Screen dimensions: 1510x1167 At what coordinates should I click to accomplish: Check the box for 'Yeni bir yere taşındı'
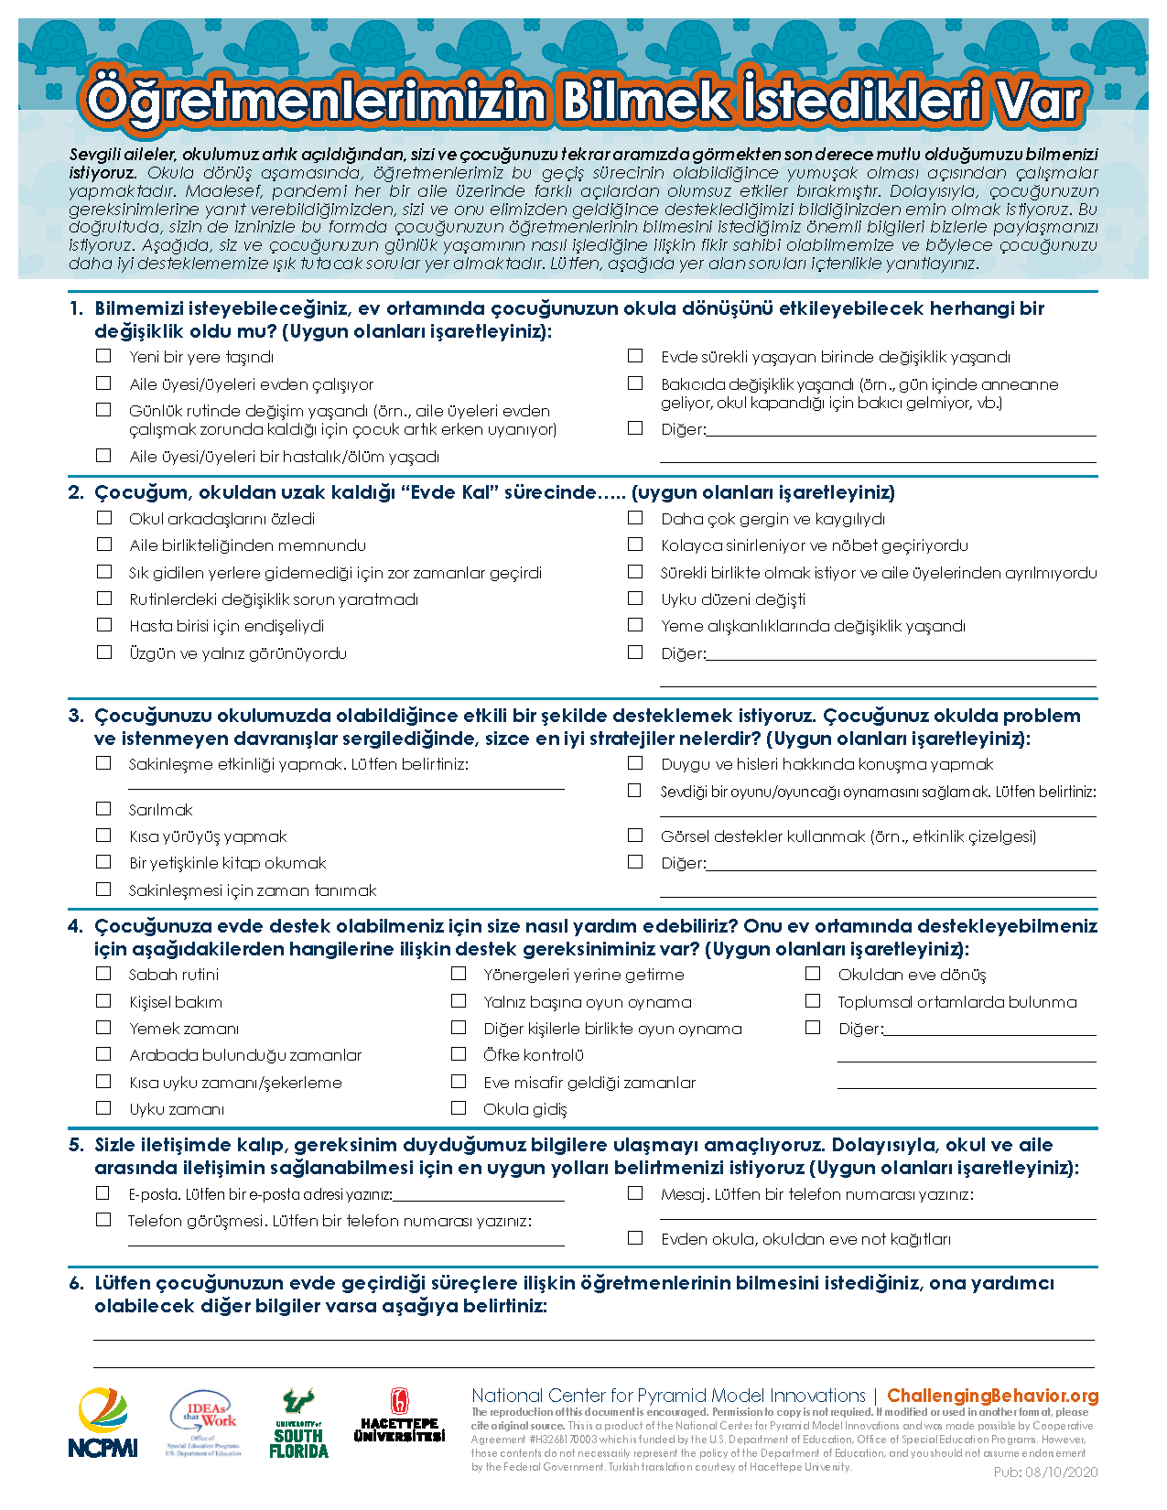pyautogui.click(x=104, y=356)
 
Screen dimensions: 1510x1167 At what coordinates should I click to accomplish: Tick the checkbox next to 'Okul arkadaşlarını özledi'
pyautogui.click(x=104, y=518)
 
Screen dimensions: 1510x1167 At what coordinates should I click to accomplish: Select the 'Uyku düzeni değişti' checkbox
pyautogui.click(x=635, y=599)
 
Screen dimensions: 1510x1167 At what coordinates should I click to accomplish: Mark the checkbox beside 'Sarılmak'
pyautogui.click(x=104, y=809)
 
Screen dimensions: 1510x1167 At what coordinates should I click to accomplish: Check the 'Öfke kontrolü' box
pyautogui.click(x=459, y=1054)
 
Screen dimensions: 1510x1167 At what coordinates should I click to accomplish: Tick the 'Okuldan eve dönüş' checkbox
pyautogui.click(x=813, y=974)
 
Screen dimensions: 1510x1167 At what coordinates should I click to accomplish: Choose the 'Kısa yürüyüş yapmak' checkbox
pyautogui.click(x=104, y=836)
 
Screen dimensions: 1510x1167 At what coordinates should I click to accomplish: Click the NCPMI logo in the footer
pyautogui.click(x=103, y=1424)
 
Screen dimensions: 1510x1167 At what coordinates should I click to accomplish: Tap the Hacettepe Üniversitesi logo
pyautogui.click(x=400, y=1418)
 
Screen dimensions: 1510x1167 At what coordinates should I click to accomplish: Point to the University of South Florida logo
pyautogui.click(x=298, y=1424)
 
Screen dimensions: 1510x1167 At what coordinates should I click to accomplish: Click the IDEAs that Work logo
pyautogui.click(x=206, y=1424)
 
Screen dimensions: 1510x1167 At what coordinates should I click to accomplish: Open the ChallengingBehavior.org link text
pyautogui.click(x=992, y=1396)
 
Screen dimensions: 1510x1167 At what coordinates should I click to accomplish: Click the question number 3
pyautogui.click(x=76, y=716)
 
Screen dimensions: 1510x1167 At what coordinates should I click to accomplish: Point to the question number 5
pyautogui.click(x=76, y=1145)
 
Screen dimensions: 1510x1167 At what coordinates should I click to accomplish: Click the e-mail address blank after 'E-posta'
pyautogui.click(x=479, y=1193)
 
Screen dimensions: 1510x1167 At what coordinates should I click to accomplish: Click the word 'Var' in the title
pyautogui.click(x=1041, y=100)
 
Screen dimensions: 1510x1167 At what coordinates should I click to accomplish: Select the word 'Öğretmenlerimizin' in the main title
pyautogui.click(x=316, y=100)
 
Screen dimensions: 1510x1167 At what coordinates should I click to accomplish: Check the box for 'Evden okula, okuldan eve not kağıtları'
pyautogui.click(x=635, y=1237)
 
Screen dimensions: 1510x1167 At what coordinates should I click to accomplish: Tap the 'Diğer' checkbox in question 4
pyautogui.click(x=813, y=1028)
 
